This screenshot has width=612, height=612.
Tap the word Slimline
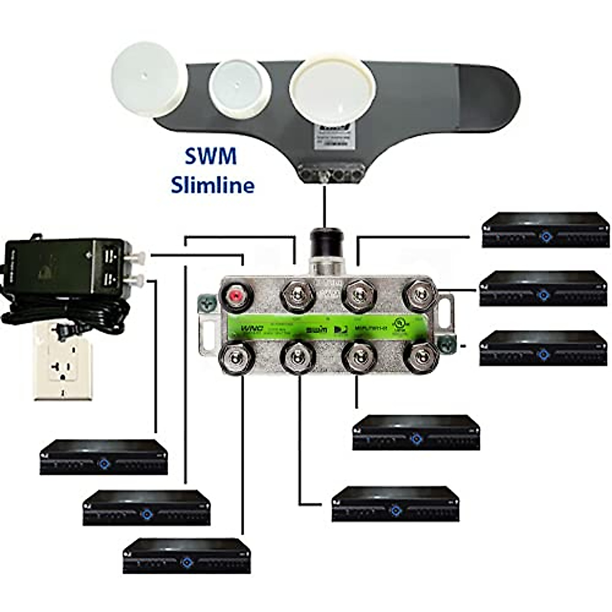(x=213, y=184)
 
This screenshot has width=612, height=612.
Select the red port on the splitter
(x=236, y=296)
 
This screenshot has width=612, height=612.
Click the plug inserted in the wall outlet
(x=63, y=332)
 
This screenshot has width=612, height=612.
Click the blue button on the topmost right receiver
(x=546, y=237)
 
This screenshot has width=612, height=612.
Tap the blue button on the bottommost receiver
(x=187, y=563)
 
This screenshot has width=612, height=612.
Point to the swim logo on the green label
(x=313, y=330)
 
